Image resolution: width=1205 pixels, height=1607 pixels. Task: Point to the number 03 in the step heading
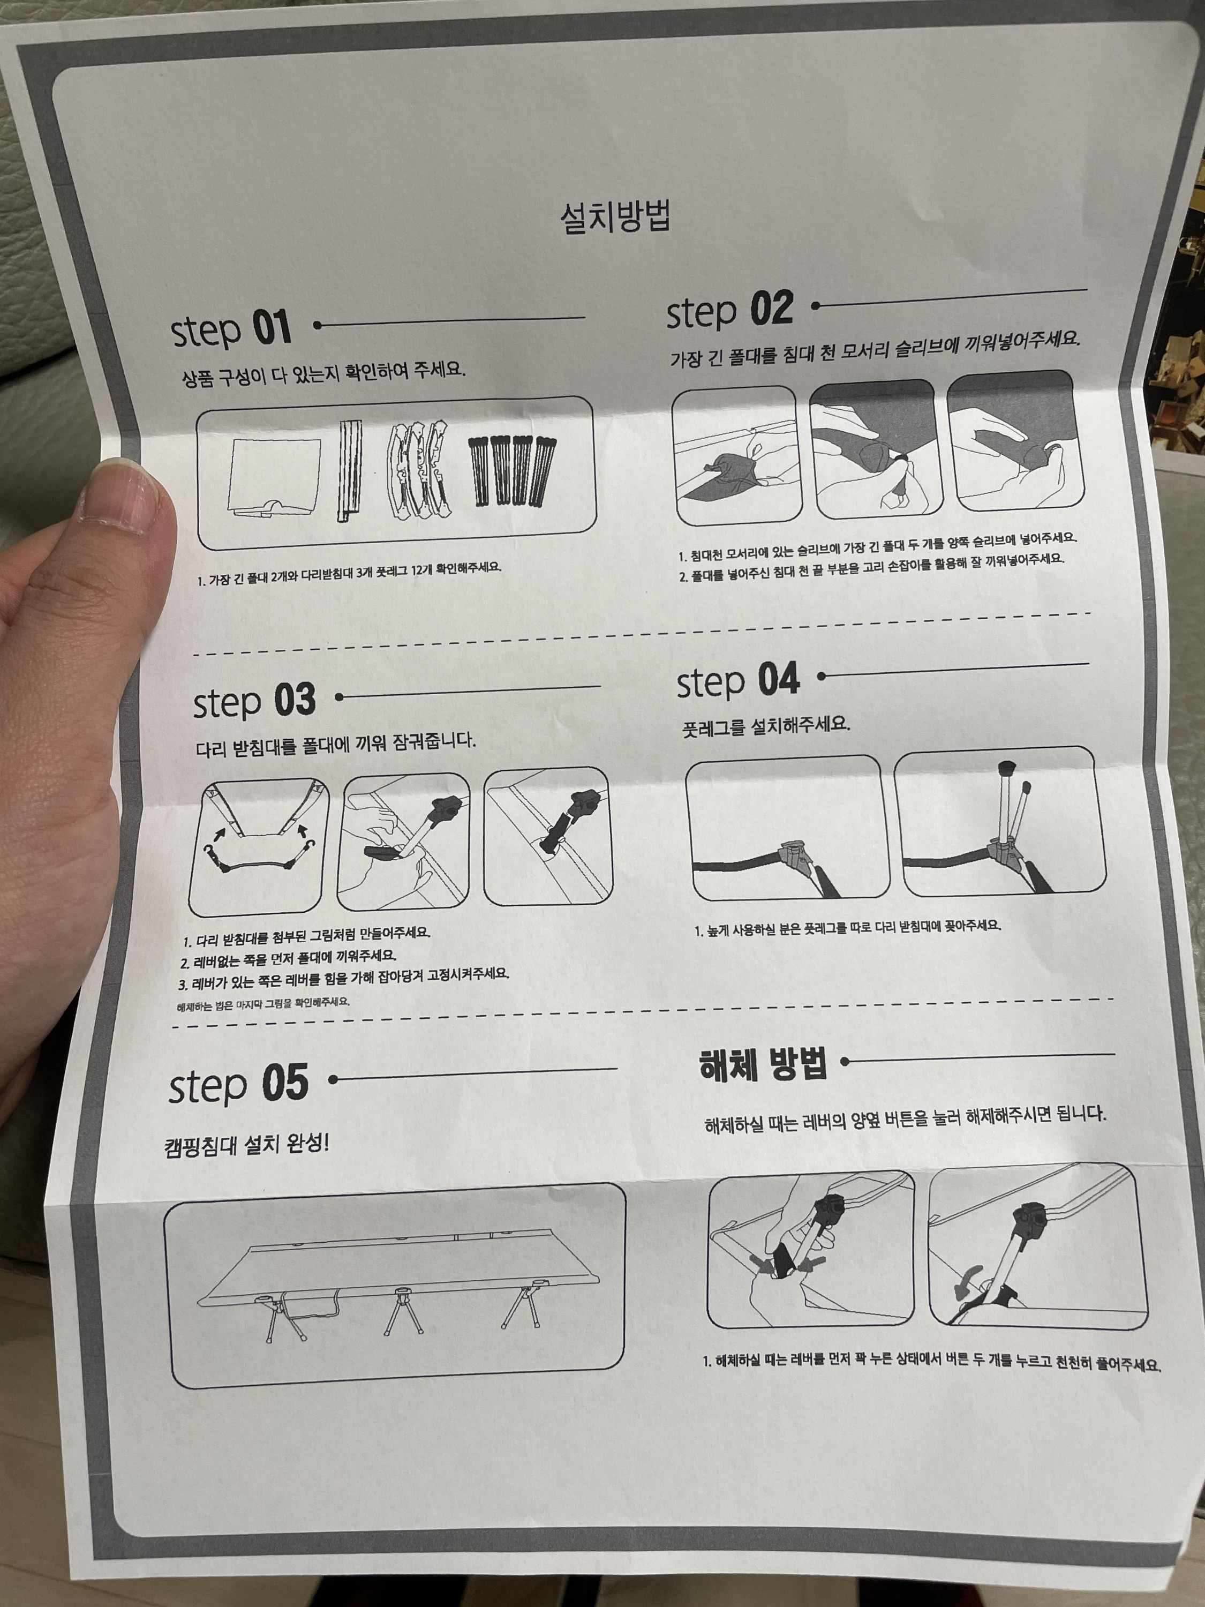point(295,700)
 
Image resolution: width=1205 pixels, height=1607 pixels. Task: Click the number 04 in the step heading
point(779,680)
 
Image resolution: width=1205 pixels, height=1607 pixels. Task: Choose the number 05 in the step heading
point(285,1083)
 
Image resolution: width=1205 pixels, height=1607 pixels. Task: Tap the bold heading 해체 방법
point(763,1065)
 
